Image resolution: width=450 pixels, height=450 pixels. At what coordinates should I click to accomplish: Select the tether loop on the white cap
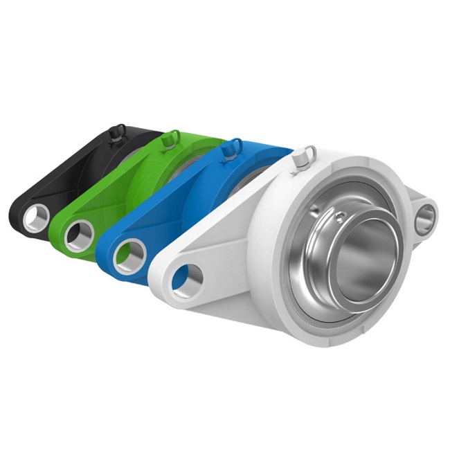pos(310,150)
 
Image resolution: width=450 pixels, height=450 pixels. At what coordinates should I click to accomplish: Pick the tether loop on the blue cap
pos(237,144)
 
